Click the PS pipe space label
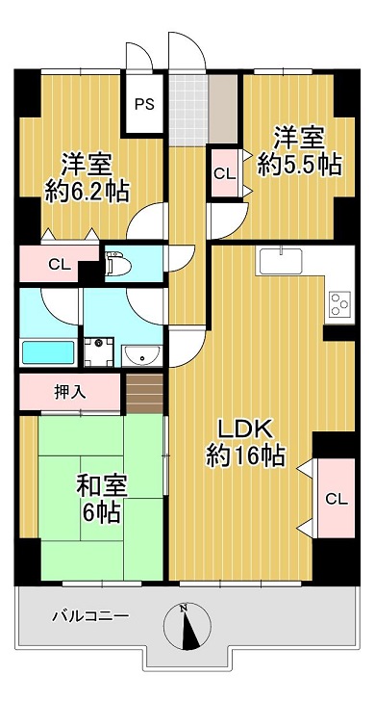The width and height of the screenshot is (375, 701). coord(144,104)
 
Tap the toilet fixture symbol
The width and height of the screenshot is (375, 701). coord(117,264)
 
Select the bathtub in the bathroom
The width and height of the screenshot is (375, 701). coord(48,352)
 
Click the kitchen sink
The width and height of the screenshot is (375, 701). coord(280,261)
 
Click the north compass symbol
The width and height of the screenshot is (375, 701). coord(187,626)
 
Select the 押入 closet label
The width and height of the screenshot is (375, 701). coord(69,392)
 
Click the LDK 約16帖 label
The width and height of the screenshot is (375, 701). coord(245,443)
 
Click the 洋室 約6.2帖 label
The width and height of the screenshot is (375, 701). coord(87,178)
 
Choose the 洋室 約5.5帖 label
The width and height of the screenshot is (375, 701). coord(300,150)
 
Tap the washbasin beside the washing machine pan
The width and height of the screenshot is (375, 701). coord(142,356)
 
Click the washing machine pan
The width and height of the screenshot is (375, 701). coord(99,351)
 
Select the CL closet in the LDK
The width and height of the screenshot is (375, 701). coord(337,498)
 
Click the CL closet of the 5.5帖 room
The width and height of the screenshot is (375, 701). coord(225,173)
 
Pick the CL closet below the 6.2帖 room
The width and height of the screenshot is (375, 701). coord(60,265)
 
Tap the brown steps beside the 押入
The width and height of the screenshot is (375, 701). coord(144,394)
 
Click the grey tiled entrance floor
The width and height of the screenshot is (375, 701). coord(188,110)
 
